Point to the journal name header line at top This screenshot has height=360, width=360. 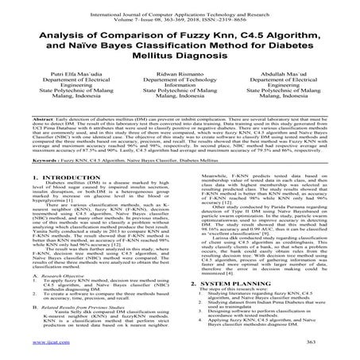tap(180, 6)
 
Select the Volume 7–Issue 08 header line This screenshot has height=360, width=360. tap(180, 14)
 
